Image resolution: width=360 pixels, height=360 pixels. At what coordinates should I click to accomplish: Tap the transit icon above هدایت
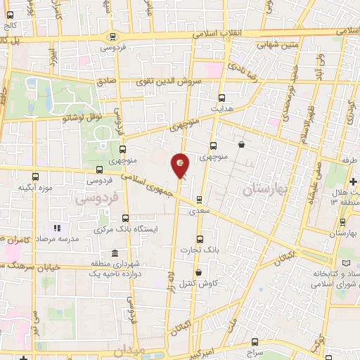222,98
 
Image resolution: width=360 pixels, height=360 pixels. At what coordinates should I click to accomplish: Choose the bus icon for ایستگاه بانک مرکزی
125,218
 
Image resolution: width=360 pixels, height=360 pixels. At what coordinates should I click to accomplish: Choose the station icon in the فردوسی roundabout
112,37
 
